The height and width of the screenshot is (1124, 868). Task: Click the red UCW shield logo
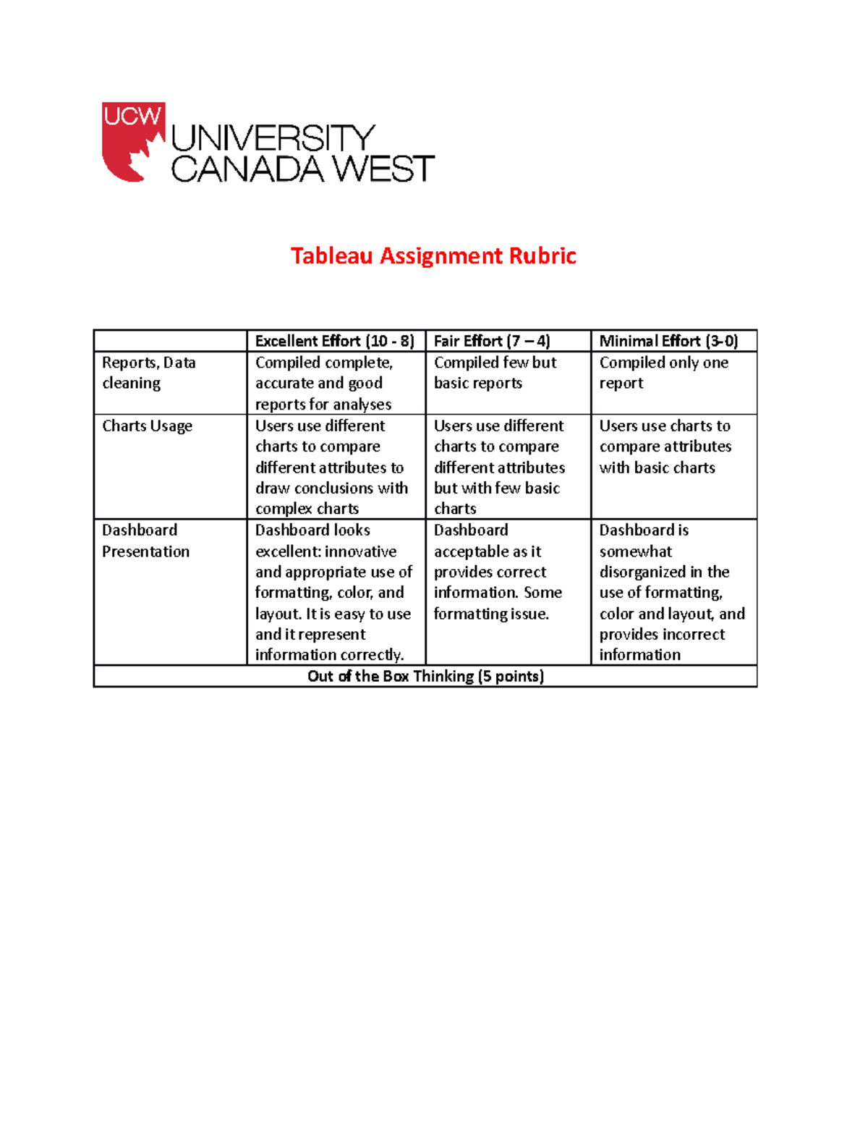[x=133, y=141]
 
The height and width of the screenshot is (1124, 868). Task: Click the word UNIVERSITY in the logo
[x=273, y=138]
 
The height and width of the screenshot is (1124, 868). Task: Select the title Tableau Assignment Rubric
[x=433, y=255]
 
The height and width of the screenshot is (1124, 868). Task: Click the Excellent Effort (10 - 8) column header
[x=334, y=341]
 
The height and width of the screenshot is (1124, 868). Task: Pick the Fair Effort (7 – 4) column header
[x=492, y=341]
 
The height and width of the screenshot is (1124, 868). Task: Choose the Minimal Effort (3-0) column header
[x=668, y=341]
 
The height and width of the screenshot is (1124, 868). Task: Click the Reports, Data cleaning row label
[x=148, y=373]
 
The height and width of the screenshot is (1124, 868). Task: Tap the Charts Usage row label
[x=147, y=426]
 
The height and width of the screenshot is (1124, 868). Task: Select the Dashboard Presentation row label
[x=145, y=541]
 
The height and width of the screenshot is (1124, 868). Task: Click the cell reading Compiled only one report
[x=663, y=373]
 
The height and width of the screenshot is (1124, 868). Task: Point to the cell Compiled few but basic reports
[x=495, y=373]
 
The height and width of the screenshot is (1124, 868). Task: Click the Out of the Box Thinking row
[x=425, y=676]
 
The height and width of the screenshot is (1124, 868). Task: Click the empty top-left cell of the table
[x=170, y=341]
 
